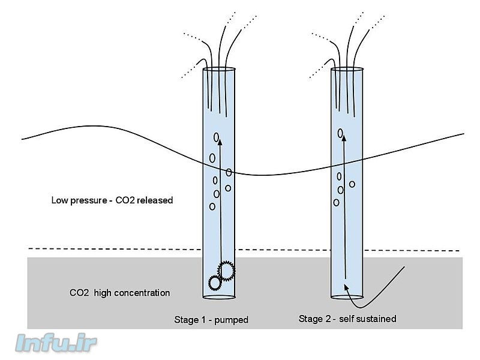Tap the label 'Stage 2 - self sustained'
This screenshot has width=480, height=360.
tap(347, 319)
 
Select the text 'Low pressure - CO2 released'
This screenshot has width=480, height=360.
tap(112, 200)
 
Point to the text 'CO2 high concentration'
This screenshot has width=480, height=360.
tap(119, 293)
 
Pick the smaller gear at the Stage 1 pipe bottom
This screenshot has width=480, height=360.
tap(214, 282)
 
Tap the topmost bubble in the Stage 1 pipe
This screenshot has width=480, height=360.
tap(217, 137)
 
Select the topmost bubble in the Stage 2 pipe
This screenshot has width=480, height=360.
tap(341, 133)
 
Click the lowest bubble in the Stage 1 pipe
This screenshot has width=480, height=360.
tap(212, 206)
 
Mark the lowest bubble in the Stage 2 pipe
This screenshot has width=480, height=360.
tap(337, 202)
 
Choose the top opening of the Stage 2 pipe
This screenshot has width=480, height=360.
tap(348, 69)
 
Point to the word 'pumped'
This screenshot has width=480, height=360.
tap(233, 320)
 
